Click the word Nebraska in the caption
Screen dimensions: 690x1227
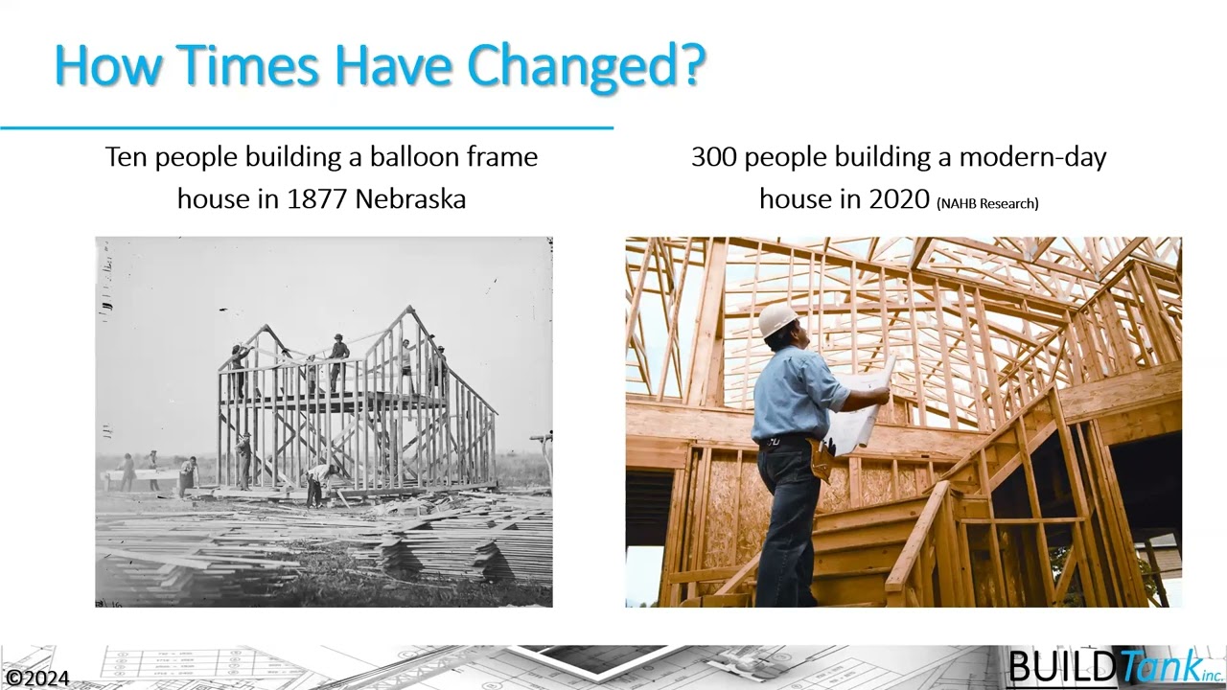(410, 198)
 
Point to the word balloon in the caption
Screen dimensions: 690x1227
(416, 156)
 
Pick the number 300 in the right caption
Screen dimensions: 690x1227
(712, 156)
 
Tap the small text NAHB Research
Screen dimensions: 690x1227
(988, 202)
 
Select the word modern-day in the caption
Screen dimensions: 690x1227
(1032, 156)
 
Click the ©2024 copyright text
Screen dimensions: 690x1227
(36, 678)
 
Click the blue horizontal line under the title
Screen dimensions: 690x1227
(307, 126)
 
